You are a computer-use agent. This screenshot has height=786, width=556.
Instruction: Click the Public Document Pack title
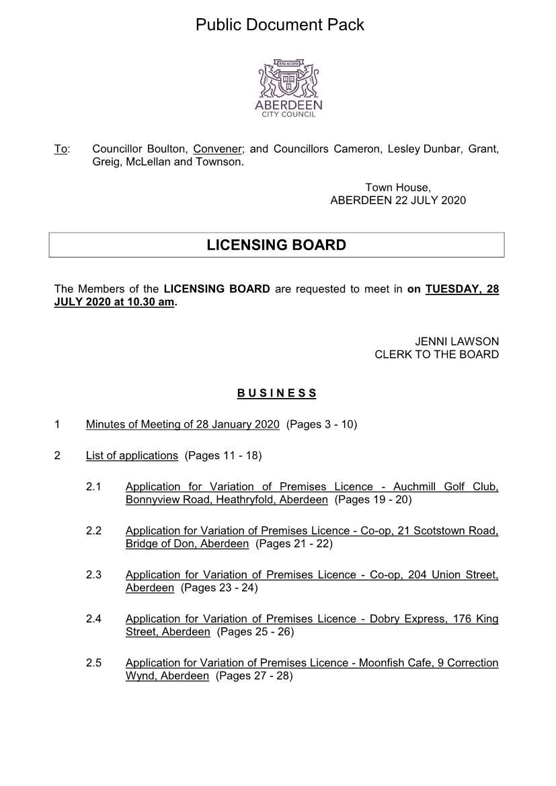pos(280,25)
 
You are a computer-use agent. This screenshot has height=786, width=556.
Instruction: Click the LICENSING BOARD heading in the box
pos(276,245)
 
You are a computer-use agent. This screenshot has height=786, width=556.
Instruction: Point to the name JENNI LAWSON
pos(457,342)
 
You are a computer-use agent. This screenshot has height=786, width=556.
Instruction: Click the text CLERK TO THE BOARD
pos(436,354)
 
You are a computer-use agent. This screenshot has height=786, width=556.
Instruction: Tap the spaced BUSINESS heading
pos(276,393)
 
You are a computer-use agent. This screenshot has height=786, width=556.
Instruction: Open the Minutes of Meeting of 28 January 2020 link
pos(182,424)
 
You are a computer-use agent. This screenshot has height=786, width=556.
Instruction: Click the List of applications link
pos(132,455)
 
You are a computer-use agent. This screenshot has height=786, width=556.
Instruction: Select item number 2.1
pos(93,486)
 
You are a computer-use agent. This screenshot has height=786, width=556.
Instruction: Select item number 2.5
pos(93,663)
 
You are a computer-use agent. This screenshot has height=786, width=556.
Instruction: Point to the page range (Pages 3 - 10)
pos(321,424)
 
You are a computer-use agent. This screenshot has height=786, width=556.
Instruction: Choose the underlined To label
pos(61,149)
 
